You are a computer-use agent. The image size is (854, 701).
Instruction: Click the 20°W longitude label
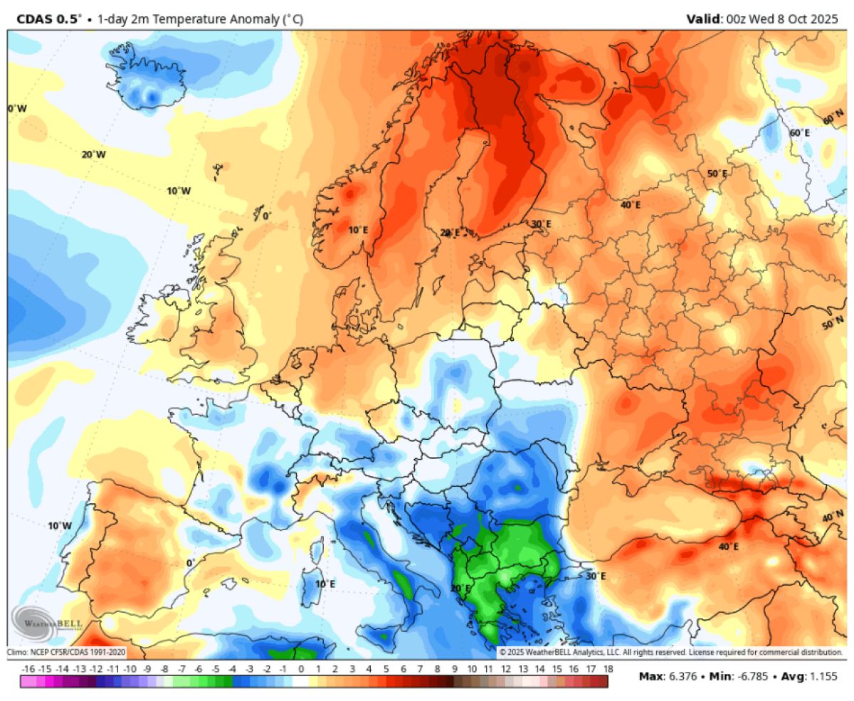coord(93,154)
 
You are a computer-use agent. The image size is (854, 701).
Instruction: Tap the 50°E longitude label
coord(716,174)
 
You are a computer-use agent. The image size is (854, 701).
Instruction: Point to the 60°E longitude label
coord(800,133)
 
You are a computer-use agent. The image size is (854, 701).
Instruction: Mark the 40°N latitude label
coord(833,517)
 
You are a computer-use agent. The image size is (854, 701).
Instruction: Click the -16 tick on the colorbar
coord(28,669)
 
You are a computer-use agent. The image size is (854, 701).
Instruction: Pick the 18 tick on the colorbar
coord(608,669)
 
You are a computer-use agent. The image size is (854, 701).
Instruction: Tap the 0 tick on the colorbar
coord(301,669)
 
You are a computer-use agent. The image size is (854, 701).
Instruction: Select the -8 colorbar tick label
coord(164,669)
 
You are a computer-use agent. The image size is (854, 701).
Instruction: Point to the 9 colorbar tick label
coord(455,669)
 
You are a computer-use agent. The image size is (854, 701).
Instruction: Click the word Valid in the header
coord(702,19)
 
